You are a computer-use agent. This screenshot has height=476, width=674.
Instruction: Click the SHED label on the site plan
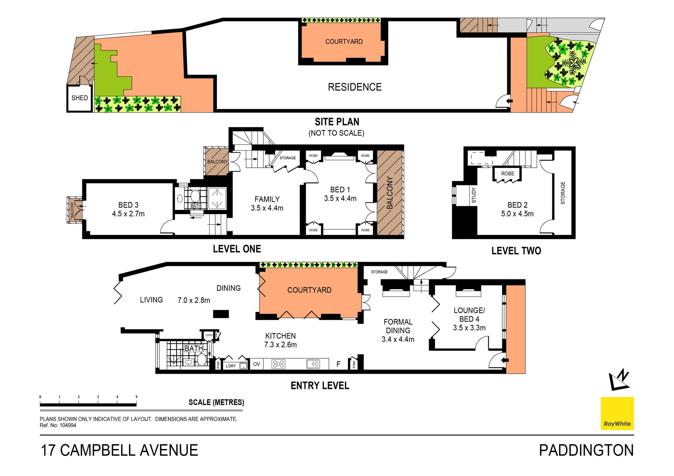[80, 98]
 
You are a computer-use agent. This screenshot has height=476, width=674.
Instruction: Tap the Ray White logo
[617, 413]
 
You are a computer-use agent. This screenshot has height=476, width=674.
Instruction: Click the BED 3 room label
[128, 205]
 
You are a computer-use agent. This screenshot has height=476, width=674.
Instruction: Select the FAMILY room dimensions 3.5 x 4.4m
[267, 208]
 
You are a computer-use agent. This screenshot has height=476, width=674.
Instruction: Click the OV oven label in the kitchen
[257, 364]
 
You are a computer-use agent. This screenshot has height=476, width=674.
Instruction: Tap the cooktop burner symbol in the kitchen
[278, 364]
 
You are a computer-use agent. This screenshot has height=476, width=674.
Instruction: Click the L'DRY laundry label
[231, 366]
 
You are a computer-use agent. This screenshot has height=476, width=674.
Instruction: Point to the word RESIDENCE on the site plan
[355, 87]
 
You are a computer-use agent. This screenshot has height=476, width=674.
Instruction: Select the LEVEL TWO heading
[516, 251]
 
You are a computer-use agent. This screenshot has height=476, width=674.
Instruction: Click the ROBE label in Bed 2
[508, 174]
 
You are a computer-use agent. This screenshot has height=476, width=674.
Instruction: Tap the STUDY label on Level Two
[474, 195]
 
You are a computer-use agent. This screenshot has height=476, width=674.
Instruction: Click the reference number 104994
[68, 425]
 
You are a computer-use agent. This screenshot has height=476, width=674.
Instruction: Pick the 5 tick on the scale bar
[137, 397]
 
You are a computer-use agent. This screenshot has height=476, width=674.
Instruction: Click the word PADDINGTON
[586, 450]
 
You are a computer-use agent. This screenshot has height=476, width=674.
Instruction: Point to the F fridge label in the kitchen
[338, 364]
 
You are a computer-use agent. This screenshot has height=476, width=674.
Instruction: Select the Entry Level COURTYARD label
[309, 290]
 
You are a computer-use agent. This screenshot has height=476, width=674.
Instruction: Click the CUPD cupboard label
[209, 335]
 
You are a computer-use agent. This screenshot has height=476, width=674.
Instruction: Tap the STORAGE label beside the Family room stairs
[288, 158]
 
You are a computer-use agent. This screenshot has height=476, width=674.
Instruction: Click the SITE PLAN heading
[337, 122]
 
